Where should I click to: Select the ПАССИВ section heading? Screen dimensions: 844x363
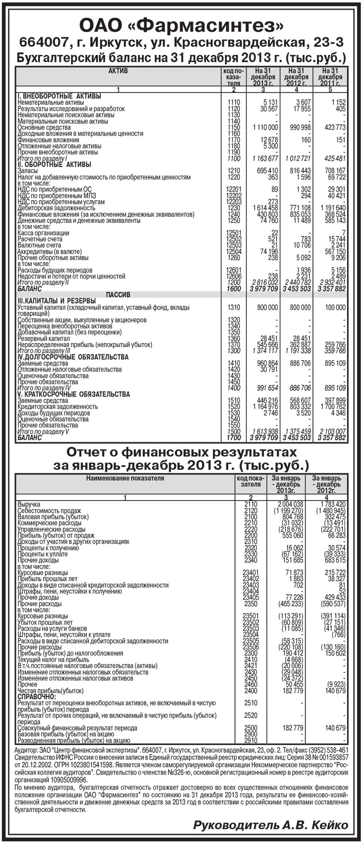tap(118, 295)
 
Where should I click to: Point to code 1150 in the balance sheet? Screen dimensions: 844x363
tap(233, 128)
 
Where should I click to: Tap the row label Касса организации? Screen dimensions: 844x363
tap(43, 233)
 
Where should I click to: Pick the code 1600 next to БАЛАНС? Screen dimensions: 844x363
tap(233, 289)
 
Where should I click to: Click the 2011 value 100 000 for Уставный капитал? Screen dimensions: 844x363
tap(335, 308)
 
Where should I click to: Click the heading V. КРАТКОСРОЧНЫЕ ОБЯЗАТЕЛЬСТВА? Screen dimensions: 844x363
tap(74, 394)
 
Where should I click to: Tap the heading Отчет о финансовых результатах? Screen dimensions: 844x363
tap(181, 452)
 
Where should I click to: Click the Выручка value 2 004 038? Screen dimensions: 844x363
tap(290, 504)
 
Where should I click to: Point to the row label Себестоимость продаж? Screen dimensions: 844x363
tap(49, 510)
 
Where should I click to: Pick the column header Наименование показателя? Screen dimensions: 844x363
tap(125, 478)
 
